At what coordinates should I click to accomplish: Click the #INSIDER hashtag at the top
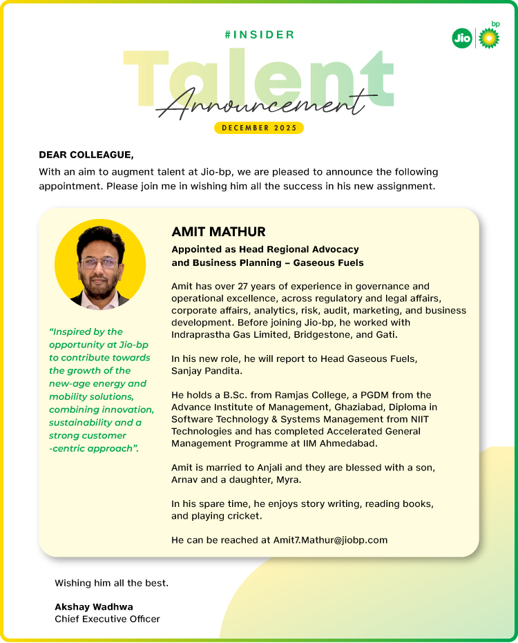point(259,35)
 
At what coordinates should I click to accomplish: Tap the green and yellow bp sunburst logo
point(489,38)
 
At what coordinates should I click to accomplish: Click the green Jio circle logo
point(461,39)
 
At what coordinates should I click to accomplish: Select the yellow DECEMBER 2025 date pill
point(259,128)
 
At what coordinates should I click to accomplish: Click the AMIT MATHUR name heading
point(218,231)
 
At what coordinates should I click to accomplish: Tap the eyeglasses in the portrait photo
point(98,264)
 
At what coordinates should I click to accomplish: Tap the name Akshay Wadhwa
point(94,606)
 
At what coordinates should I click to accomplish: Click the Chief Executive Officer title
point(107,619)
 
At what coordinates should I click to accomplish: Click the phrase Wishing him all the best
point(111,583)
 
